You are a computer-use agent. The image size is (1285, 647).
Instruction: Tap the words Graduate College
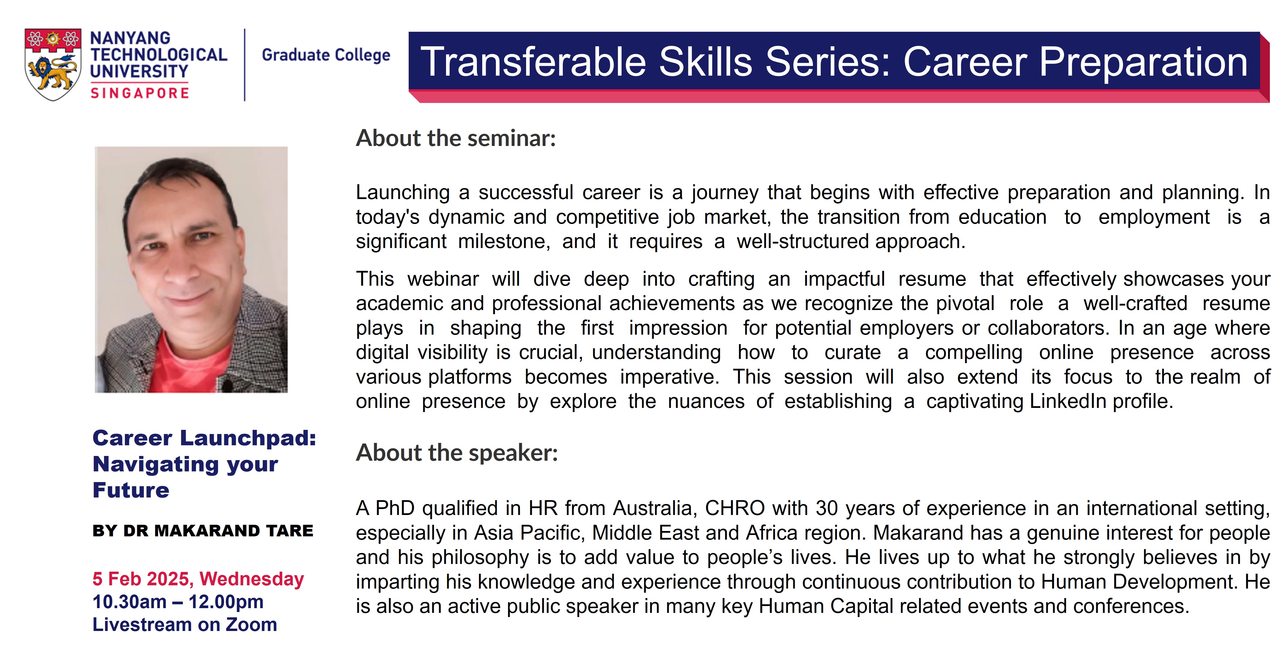pos(326,55)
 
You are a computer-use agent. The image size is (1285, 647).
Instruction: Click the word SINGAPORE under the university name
pos(140,93)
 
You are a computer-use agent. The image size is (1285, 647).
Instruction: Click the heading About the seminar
pos(456,138)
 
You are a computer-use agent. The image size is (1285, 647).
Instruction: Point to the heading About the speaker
pos(456,453)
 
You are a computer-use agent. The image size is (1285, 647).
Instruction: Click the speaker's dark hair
pos(180,175)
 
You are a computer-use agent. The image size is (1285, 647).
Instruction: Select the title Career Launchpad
pos(205,438)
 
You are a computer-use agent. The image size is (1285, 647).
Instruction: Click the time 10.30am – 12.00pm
pos(178,602)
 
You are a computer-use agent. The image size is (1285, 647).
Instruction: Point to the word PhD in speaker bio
pos(395,508)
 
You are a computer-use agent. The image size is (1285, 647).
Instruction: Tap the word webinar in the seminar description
pos(443,279)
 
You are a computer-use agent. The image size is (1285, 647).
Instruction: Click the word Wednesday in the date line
pos(252,579)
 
